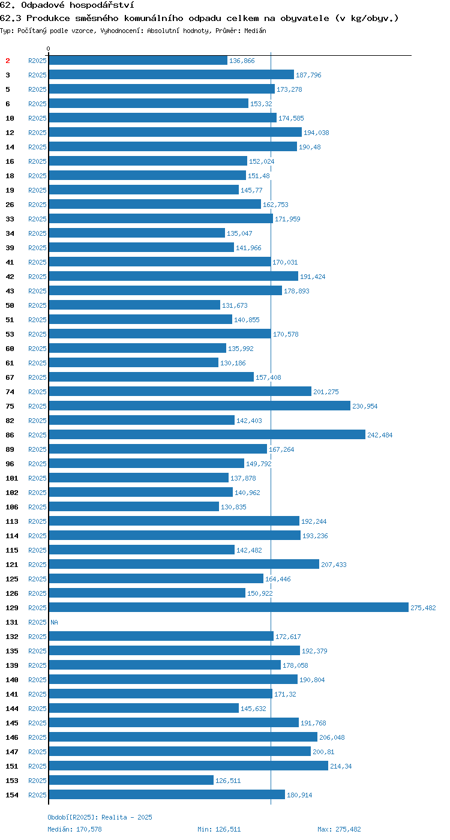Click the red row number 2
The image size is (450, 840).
pyautogui.click(x=7, y=61)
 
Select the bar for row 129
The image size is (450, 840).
pyautogui.click(x=229, y=607)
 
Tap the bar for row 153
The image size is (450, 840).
pyautogui.click(x=131, y=780)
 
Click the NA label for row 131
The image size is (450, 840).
pyautogui.click(x=55, y=622)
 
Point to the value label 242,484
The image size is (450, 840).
pyautogui.click(x=380, y=435)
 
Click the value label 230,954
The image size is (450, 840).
pyautogui.click(x=365, y=406)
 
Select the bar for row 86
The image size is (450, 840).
pyautogui.click(x=207, y=434)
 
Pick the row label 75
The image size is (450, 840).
pyautogui.click(x=10, y=406)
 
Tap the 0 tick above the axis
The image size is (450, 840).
pyautogui.click(x=49, y=49)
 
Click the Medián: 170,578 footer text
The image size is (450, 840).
pyautogui.click(x=74, y=829)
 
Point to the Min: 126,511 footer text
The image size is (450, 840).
pyautogui.click(x=219, y=829)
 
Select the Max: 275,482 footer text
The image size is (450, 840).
pyautogui.click(x=339, y=829)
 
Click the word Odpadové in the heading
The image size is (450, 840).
pyautogui.click(x=43, y=5)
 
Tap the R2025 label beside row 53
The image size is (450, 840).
pyautogui.click(x=37, y=334)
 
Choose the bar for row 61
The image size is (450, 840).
pyautogui.click(x=133, y=362)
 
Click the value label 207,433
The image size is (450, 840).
pyautogui.click(x=334, y=565)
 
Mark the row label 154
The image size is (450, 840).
pyautogui.click(x=12, y=795)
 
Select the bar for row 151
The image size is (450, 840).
pyautogui.click(x=188, y=766)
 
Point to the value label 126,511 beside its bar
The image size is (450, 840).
pyautogui.click(x=228, y=781)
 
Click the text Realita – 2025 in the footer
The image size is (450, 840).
pyautogui.click(x=127, y=817)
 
